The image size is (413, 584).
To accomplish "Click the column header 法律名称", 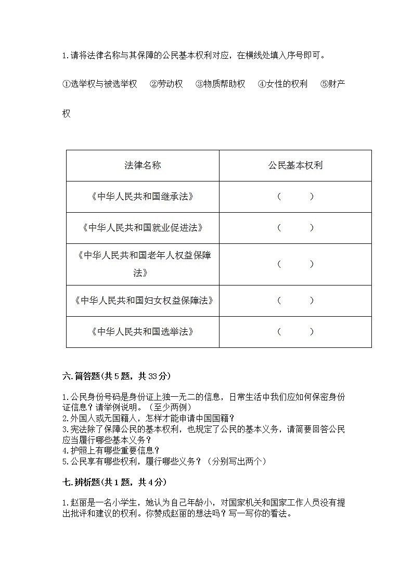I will pyautogui.click(x=143, y=165).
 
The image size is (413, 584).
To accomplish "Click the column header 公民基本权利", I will pyautogui.click(x=295, y=165).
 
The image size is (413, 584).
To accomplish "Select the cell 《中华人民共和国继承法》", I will pyautogui.click(x=143, y=197).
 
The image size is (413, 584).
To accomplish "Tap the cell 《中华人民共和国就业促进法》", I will pyautogui.click(x=143, y=228).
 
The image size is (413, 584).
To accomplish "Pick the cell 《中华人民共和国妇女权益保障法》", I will pyautogui.click(x=143, y=301).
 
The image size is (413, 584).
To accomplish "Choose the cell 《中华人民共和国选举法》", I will pyautogui.click(x=143, y=332).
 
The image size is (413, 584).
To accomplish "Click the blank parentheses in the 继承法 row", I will pyautogui.click(x=295, y=197).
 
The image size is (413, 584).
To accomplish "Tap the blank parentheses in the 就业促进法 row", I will pyautogui.click(x=295, y=228).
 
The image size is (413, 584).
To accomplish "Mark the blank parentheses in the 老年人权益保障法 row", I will pyautogui.click(x=295, y=264).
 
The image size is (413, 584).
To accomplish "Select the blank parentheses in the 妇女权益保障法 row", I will pyautogui.click(x=295, y=301).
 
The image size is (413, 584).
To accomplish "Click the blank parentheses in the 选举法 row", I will pyautogui.click(x=295, y=332).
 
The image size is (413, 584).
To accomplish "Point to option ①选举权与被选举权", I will pyautogui.click(x=99, y=84).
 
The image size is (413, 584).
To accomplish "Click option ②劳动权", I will pyautogui.click(x=166, y=84).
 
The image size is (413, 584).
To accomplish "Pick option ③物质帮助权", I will pyautogui.click(x=220, y=84).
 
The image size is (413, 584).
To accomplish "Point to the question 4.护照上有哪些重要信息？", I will pyautogui.click(x=111, y=450).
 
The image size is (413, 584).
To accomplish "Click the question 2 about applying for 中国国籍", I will pyautogui.click(x=148, y=418).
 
